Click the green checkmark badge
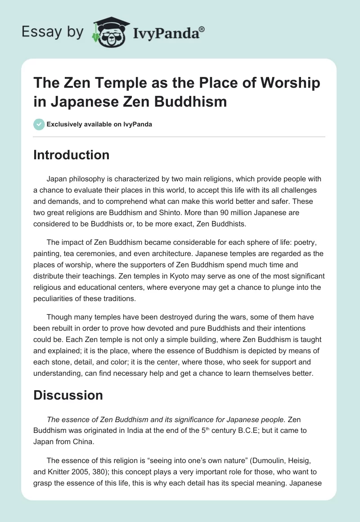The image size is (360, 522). point(39,124)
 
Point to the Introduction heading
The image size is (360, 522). point(72,155)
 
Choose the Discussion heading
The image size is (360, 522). point(68,395)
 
